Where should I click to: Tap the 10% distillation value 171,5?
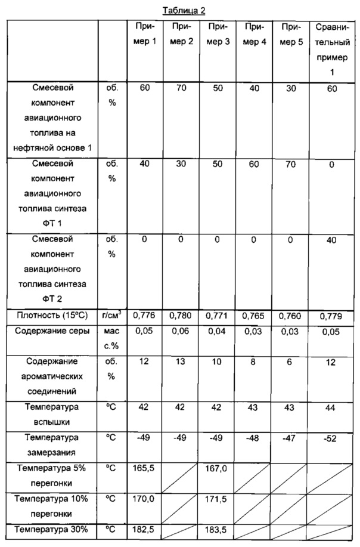pos(219,498)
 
